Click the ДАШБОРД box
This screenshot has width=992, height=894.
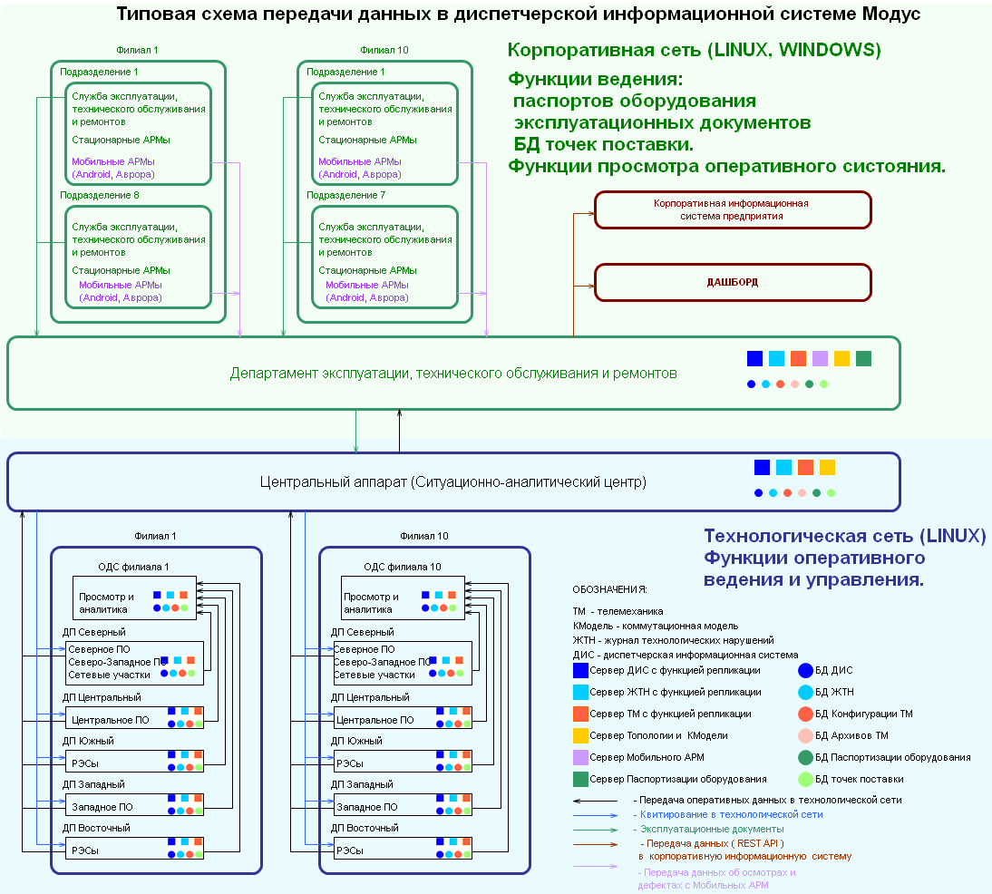pyautogui.click(x=732, y=282)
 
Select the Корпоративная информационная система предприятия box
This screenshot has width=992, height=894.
pyautogui.click(x=732, y=209)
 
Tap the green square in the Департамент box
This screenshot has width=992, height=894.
pyautogui.click(x=863, y=358)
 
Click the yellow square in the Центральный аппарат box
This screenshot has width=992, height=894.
pyautogui.click(x=827, y=468)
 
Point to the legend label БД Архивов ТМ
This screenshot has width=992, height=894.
pyautogui.click(x=851, y=735)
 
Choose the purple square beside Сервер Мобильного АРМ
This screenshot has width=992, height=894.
pyautogui.click(x=580, y=757)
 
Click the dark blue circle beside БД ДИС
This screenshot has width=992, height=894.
pyautogui.click(x=805, y=671)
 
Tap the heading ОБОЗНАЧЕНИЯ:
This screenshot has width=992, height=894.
pyautogui.click(x=610, y=588)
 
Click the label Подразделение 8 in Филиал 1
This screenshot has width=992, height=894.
pyautogui.click(x=99, y=195)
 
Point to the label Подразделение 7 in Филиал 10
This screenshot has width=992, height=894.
pyautogui.click(x=345, y=195)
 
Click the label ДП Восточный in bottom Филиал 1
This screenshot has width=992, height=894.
pyautogui.click(x=96, y=828)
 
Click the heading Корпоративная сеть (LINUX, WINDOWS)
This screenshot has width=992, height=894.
pyautogui.click(x=694, y=49)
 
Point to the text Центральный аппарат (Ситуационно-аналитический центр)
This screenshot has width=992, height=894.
pyautogui.click(x=452, y=481)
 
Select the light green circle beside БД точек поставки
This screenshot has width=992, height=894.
pyautogui.click(x=805, y=779)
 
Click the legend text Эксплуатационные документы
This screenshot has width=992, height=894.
pyautogui.click(x=712, y=829)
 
